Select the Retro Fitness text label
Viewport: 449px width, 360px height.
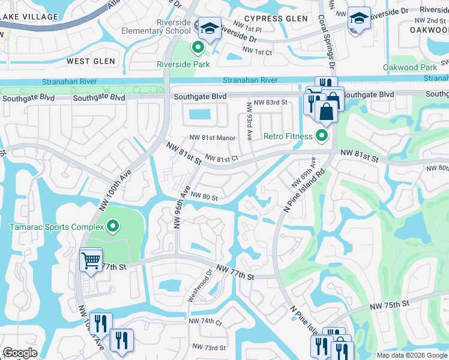[x=289, y=136]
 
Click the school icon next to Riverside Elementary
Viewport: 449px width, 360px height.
[x=209, y=28]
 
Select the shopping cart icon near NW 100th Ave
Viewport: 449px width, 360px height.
[x=91, y=260]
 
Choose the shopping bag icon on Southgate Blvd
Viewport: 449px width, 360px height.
[x=326, y=111]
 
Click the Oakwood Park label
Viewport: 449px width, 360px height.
[x=410, y=67]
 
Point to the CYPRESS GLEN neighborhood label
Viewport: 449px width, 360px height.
[x=277, y=19]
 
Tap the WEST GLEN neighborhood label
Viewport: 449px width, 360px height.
[x=87, y=61]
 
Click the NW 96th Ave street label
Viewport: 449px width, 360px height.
[x=178, y=210]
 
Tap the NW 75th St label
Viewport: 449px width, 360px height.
[x=389, y=304]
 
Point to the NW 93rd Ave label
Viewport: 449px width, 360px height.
[x=249, y=122]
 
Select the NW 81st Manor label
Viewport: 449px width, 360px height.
[x=212, y=137]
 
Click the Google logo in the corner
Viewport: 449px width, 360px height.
[x=20, y=353]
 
